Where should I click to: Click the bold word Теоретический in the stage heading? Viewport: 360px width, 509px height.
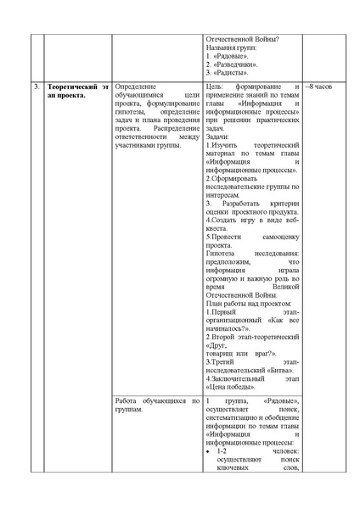tap(71, 87)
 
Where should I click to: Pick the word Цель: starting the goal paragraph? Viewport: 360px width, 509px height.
tap(215, 87)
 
